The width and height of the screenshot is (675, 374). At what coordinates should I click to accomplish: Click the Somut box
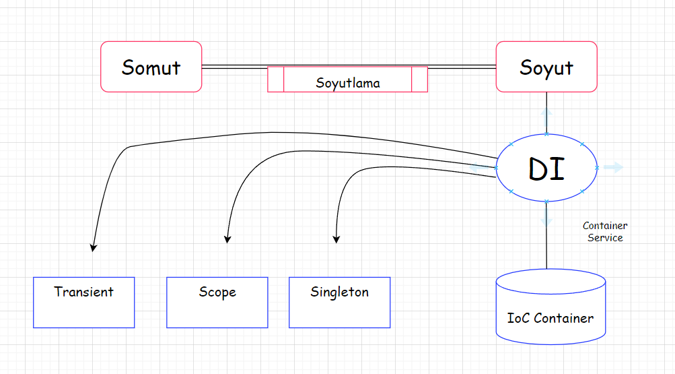(x=151, y=67)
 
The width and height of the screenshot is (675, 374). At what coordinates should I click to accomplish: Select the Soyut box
(x=546, y=67)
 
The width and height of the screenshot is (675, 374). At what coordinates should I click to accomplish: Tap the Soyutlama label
(x=347, y=84)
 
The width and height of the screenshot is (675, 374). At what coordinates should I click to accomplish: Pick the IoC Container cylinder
(x=550, y=307)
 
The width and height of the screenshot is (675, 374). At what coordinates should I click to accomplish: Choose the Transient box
(x=83, y=303)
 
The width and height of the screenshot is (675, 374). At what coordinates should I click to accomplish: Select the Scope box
(x=217, y=303)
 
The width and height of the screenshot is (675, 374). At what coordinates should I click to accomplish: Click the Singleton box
(x=339, y=303)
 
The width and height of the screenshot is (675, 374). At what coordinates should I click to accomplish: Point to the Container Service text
(x=604, y=232)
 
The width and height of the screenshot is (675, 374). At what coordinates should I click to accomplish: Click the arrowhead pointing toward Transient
(x=93, y=247)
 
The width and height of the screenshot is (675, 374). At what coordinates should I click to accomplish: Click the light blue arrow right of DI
(x=614, y=167)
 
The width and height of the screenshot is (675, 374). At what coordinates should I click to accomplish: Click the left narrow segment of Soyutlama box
(x=275, y=79)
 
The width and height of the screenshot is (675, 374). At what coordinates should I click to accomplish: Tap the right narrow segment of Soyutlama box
(x=419, y=79)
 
